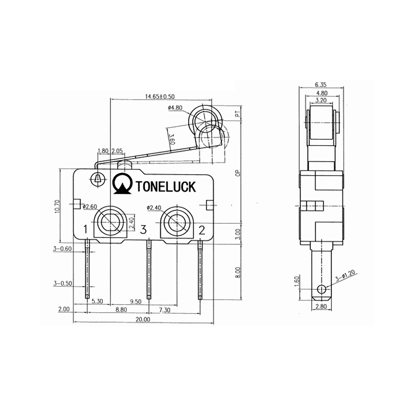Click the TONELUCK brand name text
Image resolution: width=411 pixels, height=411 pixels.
pyautogui.click(x=165, y=186)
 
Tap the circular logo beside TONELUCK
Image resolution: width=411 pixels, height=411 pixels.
pyautogui.click(x=123, y=184)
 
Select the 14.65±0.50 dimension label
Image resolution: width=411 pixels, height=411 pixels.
pyautogui.click(x=160, y=96)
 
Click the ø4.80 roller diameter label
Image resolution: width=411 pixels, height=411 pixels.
pyautogui.click(x=175, y=108)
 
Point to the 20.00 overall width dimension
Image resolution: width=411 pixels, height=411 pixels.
pyautogui.click(x=143, y=319)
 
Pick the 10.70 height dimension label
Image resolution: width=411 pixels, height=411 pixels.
pyautogui.click(x=57, y=206)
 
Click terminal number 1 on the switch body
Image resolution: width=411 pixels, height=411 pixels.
pyautogui.click(x=86, y=229)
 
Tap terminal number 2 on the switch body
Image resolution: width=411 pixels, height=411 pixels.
pyautogui.click(x=202, y=229)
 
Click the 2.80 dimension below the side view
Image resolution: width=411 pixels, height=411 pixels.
pyautogui.click(x=321, y=307)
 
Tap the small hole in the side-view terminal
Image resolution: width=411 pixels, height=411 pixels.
pyautogui.click(x=322, y=289)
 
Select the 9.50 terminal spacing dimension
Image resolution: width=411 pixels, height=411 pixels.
pyautogui.click(x=136, y=302)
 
